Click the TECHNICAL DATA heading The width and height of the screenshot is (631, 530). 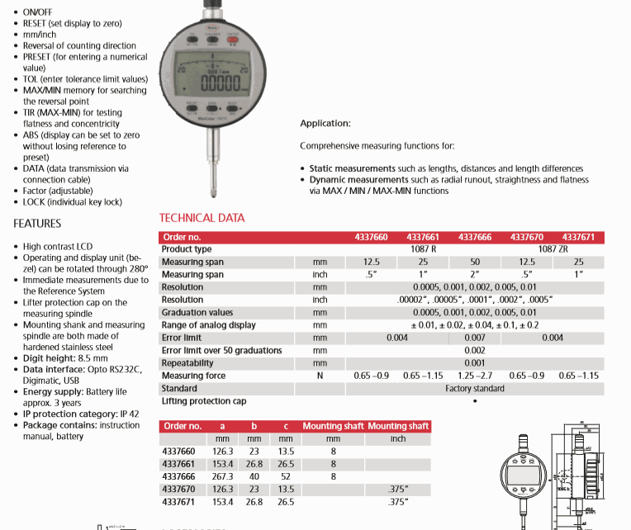pos(202,218)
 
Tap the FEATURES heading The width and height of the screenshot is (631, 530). pos(37,224)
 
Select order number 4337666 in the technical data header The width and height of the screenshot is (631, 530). pos(474,237)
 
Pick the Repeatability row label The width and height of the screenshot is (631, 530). pos(189,362)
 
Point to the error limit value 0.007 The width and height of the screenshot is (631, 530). pos(475,338)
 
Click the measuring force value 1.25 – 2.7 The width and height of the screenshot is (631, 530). pos(475,376)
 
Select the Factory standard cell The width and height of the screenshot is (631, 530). pos(474,388)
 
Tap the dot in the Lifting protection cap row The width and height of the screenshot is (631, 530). pos(474,401)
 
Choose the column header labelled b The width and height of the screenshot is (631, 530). pos(254,426)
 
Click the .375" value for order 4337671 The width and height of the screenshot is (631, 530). pos(398,501)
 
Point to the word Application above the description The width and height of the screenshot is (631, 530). pos(325,124)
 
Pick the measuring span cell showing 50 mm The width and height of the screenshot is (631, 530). pos(475,262)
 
